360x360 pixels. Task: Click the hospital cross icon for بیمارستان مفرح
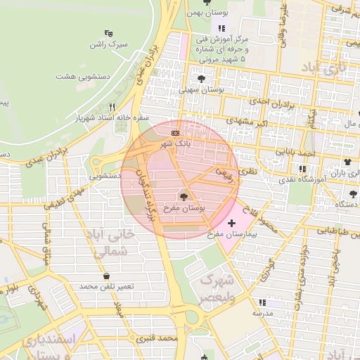coord(232,223)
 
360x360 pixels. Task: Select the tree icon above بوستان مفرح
coord(184,197)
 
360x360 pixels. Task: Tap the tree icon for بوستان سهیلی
coord(202,79)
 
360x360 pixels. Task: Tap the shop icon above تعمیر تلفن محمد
coord(106,276)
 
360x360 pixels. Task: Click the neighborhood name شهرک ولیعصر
coord(217,289)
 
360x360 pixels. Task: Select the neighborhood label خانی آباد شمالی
coord(108,240)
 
